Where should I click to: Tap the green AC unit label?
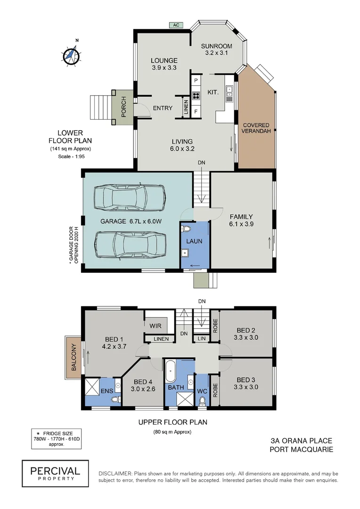coord(176,25)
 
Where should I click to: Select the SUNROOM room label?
coord(217,46)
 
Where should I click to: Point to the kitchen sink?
coord(229,94)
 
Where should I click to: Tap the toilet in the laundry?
coord(187,230)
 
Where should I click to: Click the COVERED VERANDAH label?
coord(256,128)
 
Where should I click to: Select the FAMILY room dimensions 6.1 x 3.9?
coord(241,224)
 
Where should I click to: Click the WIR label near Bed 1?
coord(155,326)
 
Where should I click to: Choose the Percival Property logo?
coord(55,473)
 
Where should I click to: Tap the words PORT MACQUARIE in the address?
coord(301,449)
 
